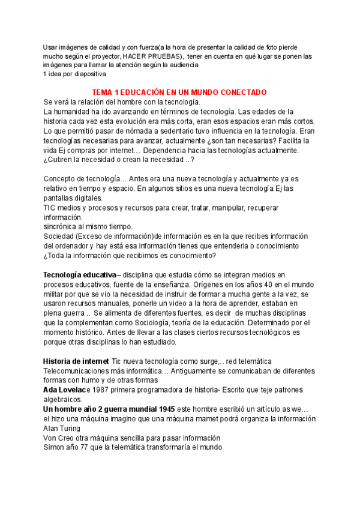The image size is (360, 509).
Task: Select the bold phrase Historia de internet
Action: click(76, 361)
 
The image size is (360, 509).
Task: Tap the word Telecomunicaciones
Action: click(78, 371)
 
